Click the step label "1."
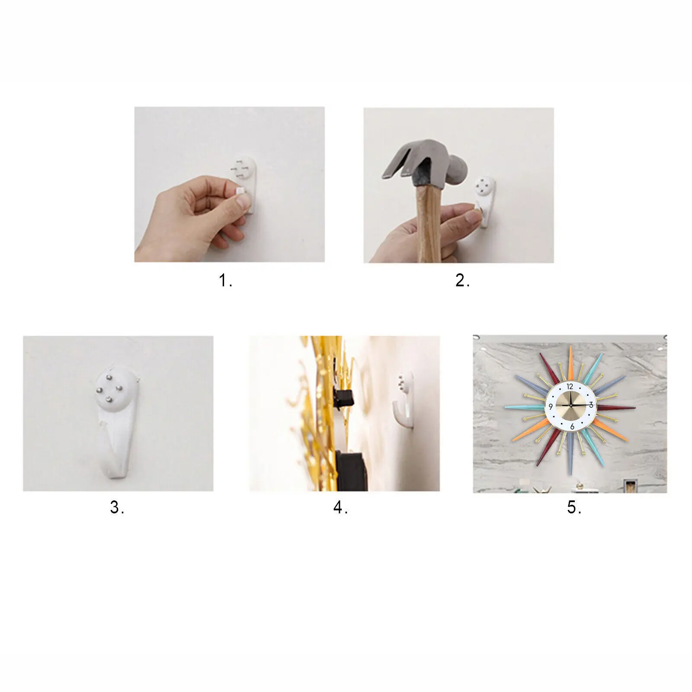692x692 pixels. click(225, 281)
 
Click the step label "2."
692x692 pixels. click(462, 281)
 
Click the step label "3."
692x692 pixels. click(117, 507)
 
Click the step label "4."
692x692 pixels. click(340, 507)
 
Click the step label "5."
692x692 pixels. click(574, 507)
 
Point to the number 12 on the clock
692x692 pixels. click(570, 387)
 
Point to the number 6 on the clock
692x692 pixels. click(572, 426)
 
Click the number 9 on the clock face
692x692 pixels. click(551, 407)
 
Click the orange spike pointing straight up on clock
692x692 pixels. click(571, 363)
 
